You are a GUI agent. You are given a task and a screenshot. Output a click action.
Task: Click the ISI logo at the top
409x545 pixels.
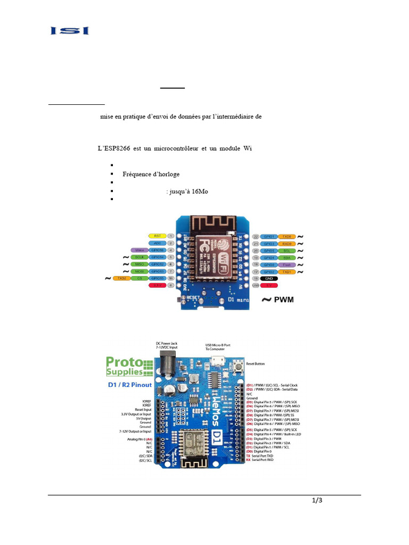(70, 31)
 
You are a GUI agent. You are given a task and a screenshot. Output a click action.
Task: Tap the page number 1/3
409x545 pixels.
(317, 500)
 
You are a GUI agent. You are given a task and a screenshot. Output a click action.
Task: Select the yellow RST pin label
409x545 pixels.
(157, 235)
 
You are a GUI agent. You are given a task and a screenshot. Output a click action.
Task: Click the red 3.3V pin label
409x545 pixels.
(157, 285)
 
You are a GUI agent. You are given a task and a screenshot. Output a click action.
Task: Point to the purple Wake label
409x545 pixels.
(140, 250)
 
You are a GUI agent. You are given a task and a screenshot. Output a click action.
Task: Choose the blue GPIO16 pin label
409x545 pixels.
(158, 250)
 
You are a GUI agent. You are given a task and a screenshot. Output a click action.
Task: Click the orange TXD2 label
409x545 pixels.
(121, 278)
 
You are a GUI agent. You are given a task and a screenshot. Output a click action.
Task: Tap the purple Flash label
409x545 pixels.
(286, 264)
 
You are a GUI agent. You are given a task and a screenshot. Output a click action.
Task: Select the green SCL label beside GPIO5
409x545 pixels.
(286, 250)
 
